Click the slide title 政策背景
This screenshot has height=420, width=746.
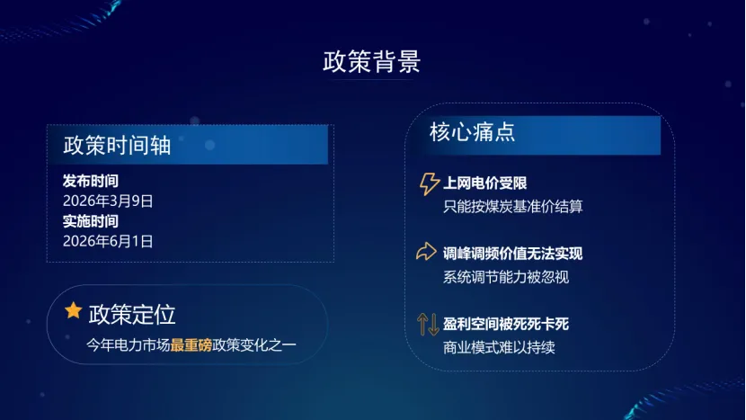[x=371, y=62]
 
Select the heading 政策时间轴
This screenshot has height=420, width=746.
[x=117, y=146]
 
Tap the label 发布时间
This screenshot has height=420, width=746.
[x=90, y=181]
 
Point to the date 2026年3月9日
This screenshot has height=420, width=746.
[x=108, y=201]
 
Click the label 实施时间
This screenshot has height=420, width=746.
[x=90, y=220]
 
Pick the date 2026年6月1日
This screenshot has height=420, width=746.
[x=108, y=240]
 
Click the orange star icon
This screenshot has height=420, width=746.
[x=73, y=311]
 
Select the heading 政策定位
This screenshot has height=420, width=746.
[x=132, y=314]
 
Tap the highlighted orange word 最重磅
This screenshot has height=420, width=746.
[x=191, y=344]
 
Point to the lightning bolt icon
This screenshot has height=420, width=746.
[x=430, y=184]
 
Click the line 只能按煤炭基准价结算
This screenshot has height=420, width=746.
[x=512, y=206]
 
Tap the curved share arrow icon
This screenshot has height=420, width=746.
[x=427, y=252]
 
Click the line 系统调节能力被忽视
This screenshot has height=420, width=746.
[x=505, y=276]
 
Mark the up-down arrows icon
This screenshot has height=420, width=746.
[x=428, y=323]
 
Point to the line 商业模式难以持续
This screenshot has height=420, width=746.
[x=499, y=346]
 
